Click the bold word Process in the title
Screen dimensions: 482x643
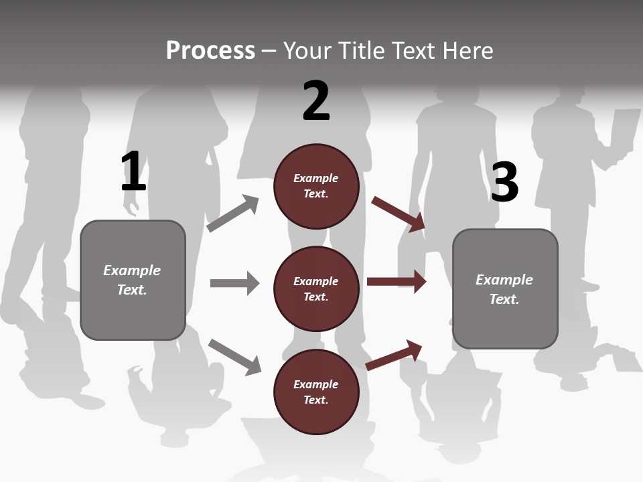(210, 51)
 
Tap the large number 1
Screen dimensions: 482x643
(133, 171)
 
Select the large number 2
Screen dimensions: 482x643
(316, 101)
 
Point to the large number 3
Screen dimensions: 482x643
(504, 183)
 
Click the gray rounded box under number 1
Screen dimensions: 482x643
(133, 280)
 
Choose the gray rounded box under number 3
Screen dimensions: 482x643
(505, 289)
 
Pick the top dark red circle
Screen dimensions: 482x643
(316, 186)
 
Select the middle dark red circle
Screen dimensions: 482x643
(316, 289)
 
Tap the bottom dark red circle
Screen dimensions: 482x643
(316, 392)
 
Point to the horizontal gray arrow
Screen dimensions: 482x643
(234, 283)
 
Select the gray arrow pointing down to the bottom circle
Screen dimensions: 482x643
(234, 356)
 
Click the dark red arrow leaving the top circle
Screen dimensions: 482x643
(399, 214)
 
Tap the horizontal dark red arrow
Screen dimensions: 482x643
(397, 281)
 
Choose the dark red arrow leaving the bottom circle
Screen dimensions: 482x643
(395, 355)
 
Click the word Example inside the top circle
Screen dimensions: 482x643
(316, 178)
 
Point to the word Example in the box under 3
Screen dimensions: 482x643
(504, 280)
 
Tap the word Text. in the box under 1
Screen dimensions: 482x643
(132, 290)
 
